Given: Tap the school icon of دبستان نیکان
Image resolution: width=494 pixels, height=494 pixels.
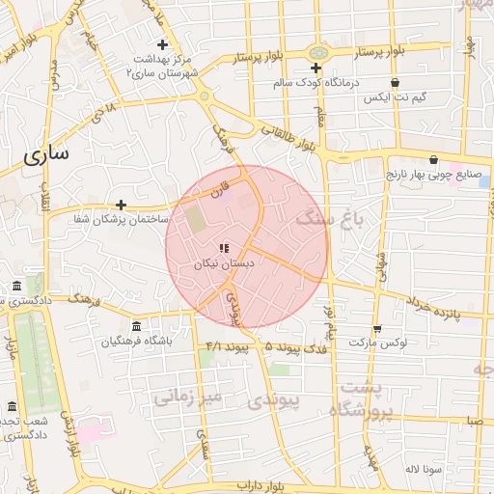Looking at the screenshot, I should [x=224, y=248].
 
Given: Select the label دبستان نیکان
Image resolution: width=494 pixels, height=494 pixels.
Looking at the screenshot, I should [x=224, y=263].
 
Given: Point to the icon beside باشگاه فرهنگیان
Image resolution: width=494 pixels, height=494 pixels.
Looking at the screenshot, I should [x=136, y=325].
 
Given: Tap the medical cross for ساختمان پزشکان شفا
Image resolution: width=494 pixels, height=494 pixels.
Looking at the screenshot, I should [x=121, y=205].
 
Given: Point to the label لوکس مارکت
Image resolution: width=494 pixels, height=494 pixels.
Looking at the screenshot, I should [x=377, y=343].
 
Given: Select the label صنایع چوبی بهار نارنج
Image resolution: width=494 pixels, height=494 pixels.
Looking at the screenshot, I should [x=434, y=177].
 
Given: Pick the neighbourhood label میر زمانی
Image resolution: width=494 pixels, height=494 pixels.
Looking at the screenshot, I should [x=188, y=396].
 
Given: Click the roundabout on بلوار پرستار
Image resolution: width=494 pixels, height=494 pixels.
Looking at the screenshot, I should [x=316, y=52].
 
